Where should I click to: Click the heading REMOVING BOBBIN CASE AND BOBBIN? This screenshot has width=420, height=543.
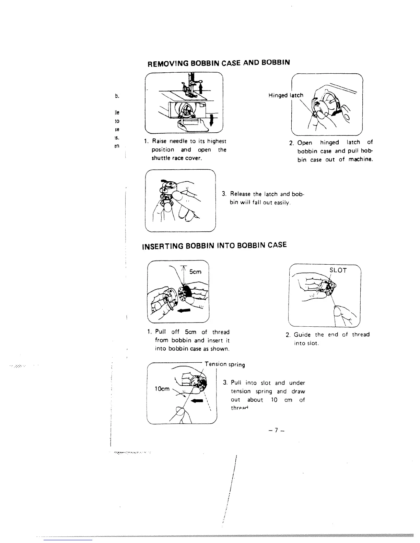point(219,63)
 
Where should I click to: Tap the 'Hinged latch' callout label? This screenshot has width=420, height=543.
point(286,95)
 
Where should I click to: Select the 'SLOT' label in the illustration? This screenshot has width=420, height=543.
point(338,270)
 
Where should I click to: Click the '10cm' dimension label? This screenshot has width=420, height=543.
point(162,389)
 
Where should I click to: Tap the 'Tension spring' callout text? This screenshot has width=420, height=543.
point(224,364)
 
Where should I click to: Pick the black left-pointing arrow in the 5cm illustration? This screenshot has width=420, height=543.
point(184,311)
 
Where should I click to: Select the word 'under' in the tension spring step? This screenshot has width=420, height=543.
point(297,383)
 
